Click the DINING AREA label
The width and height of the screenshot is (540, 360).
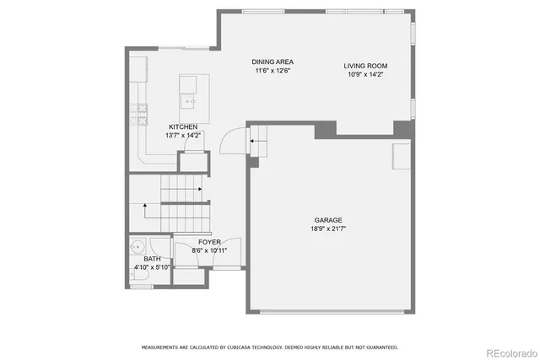tap(273, 62)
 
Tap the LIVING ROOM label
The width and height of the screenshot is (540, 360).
tap(364, 65)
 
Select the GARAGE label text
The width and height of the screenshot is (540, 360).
tap(328, 220)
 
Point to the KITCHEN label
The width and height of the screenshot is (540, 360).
tap(183, 126)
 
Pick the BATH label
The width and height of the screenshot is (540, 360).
tap(152, 260)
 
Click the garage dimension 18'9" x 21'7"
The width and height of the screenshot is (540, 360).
tap(328, 228)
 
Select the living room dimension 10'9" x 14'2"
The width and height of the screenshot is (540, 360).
tap(364, 73)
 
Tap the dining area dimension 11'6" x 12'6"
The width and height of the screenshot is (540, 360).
tap(273, 71)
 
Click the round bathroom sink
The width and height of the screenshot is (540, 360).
tap(138, 248)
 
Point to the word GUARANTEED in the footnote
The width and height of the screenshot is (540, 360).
tap(378, 347)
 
